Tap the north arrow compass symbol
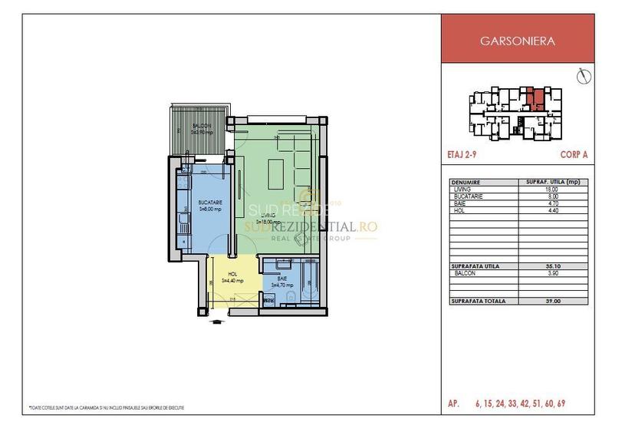[x=584, y=77]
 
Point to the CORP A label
[x=575, y=154]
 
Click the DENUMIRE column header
[x=467, y=183]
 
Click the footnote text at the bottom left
[x=107, y=407]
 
